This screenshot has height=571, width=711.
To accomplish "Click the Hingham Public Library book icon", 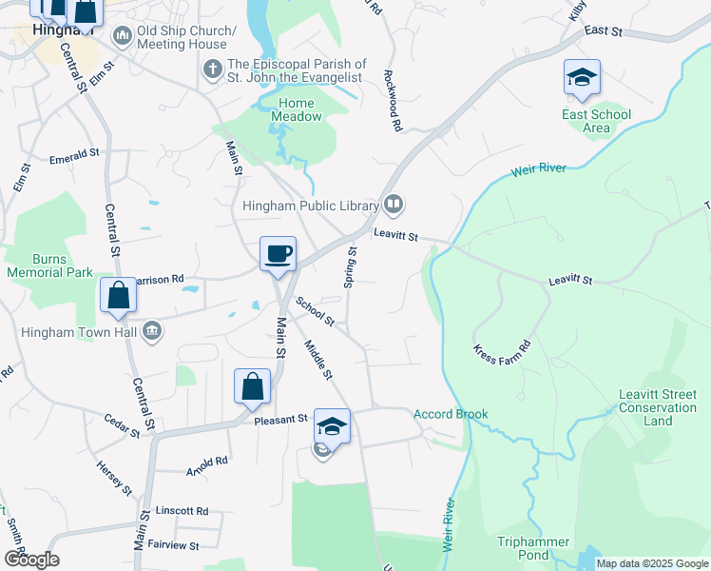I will [x=393, y=204].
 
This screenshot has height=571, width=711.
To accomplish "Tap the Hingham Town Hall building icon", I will [x=151, y=331].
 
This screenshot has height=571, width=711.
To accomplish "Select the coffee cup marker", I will [x=279, y=255].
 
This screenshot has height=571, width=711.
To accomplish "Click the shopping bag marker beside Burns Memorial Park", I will [x=118, y=296].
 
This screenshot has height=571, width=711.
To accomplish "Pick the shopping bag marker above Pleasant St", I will [x=253, y=387].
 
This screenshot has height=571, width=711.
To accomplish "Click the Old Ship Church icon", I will [x=123, y=36].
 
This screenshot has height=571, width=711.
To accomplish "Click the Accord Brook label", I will [x=451, y=414].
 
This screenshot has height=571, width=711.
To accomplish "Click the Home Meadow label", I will [x=300, y=110].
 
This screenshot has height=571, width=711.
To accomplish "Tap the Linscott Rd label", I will [x=182, y=511].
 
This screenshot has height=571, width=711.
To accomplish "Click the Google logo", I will [x=31, y=559].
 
